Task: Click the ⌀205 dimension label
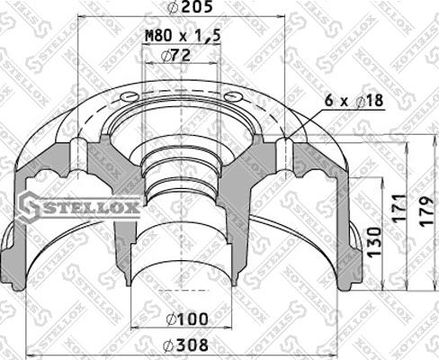tap(181, 9)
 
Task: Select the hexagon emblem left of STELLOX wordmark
tap(30, 209)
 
